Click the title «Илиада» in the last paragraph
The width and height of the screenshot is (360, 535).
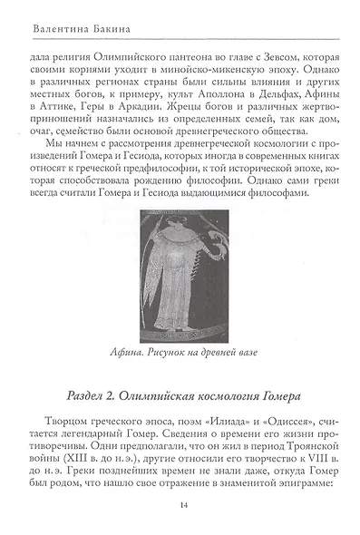tap(221, 422)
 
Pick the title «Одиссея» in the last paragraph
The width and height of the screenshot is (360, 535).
tap(281, 422)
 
